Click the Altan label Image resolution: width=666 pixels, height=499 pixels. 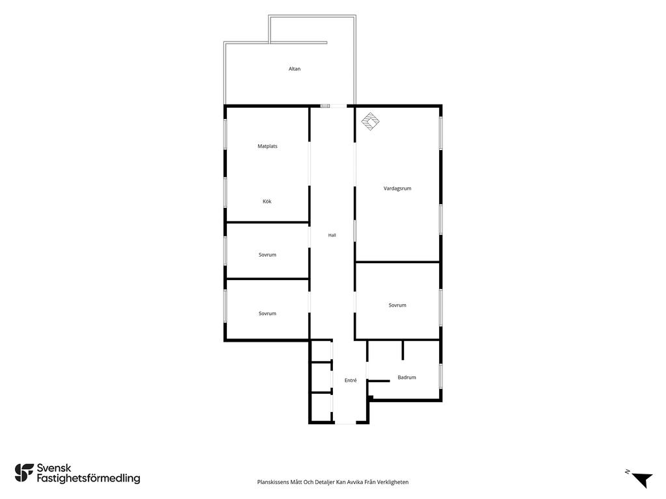295,69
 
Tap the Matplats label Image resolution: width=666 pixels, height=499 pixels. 267,146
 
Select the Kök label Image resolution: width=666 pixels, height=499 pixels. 267,201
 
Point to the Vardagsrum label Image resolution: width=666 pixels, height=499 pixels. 397,188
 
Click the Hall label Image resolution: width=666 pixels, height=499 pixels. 332,235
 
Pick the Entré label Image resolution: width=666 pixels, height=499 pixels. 351,381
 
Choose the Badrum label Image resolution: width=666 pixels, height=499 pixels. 406,377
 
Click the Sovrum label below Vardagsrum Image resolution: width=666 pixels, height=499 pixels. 397,305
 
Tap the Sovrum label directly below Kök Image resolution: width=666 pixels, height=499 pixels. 267,255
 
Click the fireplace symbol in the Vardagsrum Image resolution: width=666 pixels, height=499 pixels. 370,122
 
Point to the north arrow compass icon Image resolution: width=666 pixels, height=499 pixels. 641,480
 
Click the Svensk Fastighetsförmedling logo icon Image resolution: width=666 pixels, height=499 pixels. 24,473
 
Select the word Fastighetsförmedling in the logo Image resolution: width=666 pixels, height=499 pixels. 88,479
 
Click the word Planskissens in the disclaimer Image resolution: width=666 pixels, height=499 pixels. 270,482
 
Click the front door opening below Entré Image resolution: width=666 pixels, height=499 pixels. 345,422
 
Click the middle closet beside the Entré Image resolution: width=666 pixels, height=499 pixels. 321,377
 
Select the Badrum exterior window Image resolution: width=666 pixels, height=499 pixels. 441,376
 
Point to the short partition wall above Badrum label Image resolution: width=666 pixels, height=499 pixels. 403,350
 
